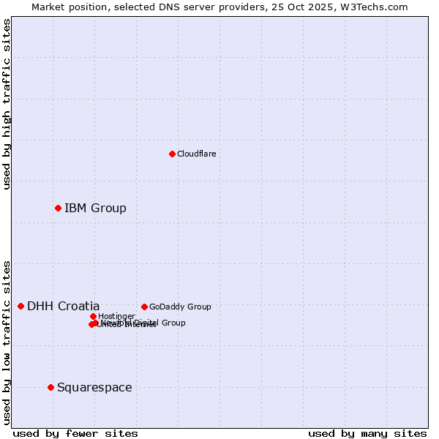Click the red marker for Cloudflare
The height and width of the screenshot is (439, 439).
[x=172, y=154]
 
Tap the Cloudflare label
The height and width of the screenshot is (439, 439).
[x=196, y=154]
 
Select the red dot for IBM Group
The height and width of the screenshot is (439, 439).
[x=58, y=209]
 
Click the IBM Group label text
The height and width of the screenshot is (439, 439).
[x=95, y=209]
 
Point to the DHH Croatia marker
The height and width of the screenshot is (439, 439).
[x=20, y=306]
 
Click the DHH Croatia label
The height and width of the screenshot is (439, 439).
[x=63, y=307]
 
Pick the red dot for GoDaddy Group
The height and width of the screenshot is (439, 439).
[x=144, y=307]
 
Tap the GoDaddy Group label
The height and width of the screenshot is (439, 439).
[x=180, y=307]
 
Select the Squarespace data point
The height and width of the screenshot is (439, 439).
[x=50, y=387]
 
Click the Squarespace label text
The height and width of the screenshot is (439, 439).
[x=94, y=388]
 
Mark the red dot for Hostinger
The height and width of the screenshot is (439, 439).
[x=93, y=316]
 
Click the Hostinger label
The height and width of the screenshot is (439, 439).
[x=116, y=316]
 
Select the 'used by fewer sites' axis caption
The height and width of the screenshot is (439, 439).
[x=75, y=433]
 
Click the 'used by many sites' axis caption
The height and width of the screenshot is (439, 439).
[x=367, y=433]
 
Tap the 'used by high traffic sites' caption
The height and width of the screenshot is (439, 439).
[x=7, y=104]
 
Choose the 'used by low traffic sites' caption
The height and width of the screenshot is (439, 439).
[x=7, y=342]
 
